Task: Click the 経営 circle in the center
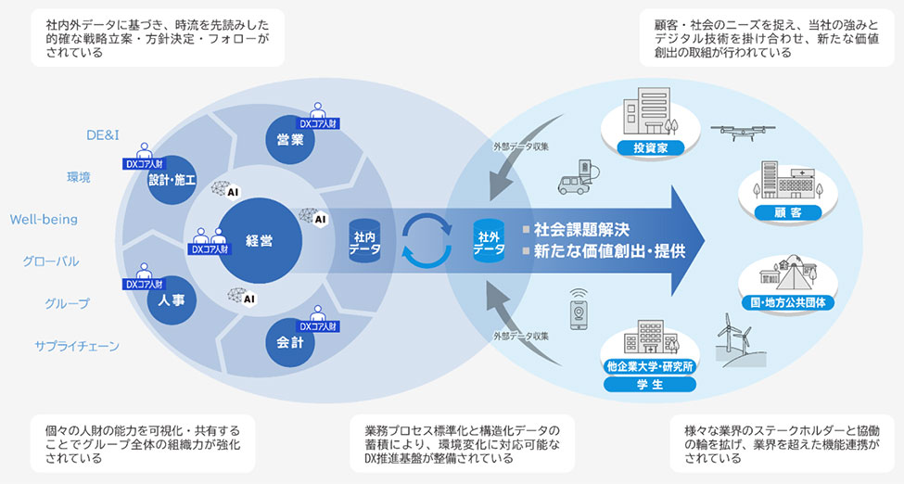tap(260, 241)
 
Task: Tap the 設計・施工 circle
tap(172, 180)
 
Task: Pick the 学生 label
tap(650, 384)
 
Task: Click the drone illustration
tap(739, 136)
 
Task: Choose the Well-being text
tap(44, 220)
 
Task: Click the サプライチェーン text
tap(77, 346)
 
